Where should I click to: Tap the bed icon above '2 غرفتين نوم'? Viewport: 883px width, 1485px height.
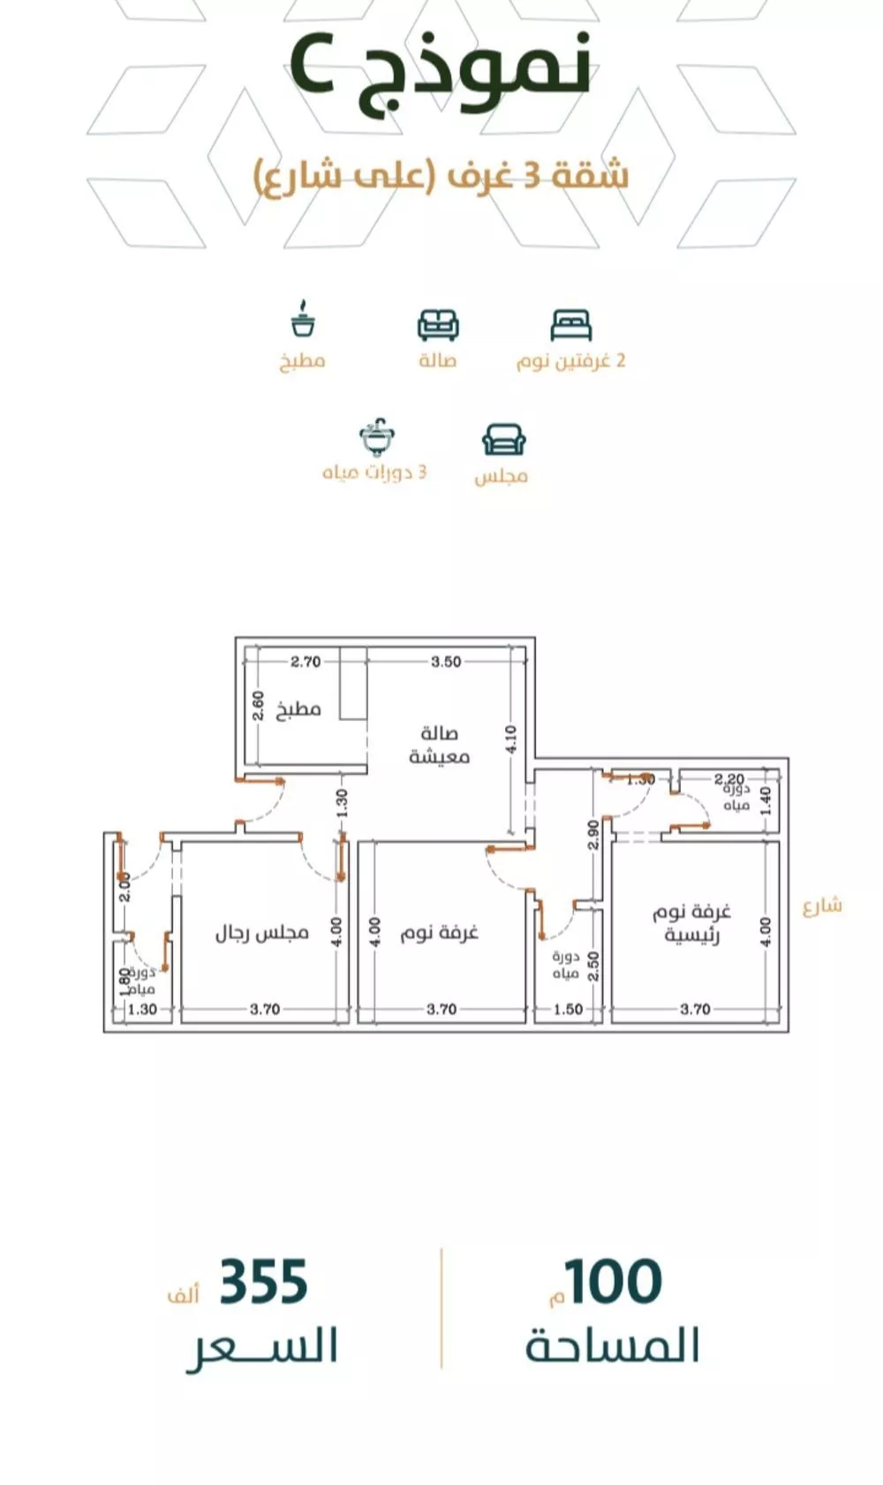(570, 325)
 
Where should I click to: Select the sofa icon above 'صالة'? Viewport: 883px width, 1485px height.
(438, 325)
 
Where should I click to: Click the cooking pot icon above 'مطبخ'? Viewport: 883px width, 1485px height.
(303, 320)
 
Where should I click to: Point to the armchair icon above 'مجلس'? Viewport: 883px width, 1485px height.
(503, 439)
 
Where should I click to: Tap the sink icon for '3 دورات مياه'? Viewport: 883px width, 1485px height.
(377, 437)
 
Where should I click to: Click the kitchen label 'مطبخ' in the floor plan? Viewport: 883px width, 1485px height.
(298, 709)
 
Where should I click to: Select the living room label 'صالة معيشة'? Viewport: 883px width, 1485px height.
(439, 745)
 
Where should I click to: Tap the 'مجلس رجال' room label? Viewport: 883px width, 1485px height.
(262, 933)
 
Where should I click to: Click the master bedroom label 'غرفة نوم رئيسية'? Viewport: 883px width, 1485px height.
(692, 922)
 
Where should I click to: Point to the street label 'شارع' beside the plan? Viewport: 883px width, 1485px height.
(822, 905)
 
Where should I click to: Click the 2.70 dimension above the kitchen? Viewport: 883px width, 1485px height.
(306, 661)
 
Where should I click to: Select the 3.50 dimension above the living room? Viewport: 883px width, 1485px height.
(446, 661)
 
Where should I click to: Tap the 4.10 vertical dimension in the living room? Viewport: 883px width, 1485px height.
(511, 739)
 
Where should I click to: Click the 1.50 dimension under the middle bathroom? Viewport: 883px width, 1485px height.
(568, 1009)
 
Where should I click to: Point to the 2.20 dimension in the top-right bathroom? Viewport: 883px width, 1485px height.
(729, 779)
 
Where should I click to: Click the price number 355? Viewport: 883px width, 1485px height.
(263, 1283)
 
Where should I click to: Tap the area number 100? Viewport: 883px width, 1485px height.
(613, 1283)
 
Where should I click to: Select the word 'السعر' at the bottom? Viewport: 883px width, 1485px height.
(262, 1347)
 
